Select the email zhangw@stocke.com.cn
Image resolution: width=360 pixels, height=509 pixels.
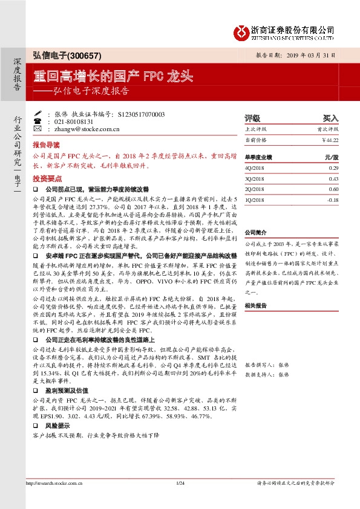pyautogui.click(x=79, y=129)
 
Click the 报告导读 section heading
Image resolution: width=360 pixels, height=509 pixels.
pyautogui.click(x=47, y=146)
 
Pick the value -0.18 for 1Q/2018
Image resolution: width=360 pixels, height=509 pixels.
pyautogui.click(x=332, y=199)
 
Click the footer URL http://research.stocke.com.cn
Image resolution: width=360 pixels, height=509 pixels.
pyautogui.click(x=53, y=499)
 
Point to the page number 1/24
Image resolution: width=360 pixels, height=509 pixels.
pyautogui.click(x=180, y=499)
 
